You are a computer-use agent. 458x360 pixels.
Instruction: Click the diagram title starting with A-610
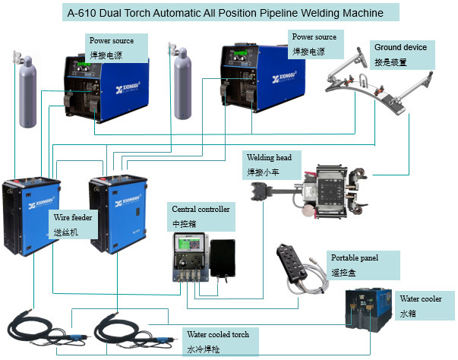229,13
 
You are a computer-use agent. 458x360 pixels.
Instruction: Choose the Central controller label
201,214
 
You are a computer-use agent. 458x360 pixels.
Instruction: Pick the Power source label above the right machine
315,43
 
